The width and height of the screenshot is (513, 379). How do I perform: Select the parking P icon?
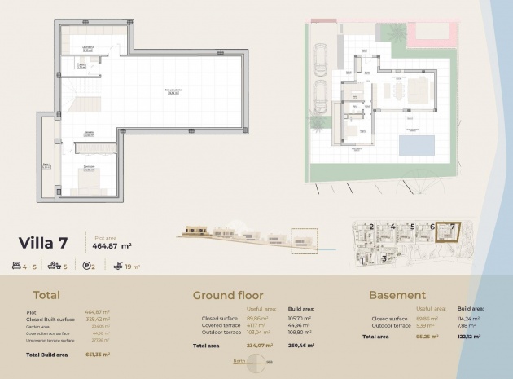click(88, 266)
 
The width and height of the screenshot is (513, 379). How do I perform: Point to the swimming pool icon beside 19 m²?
click(119, 266)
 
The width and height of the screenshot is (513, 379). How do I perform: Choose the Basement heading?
click(397, 295)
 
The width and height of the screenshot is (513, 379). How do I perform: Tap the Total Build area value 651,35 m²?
click(97, 355)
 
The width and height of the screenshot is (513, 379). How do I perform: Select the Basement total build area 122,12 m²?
click(471, 336)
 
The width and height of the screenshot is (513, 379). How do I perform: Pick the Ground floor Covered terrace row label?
click(222, 326)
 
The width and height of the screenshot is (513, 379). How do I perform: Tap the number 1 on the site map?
click(361, 262)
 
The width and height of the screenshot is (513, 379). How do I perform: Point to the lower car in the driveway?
click(322, 95)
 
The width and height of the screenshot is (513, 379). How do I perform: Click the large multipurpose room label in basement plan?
click(173, 91)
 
